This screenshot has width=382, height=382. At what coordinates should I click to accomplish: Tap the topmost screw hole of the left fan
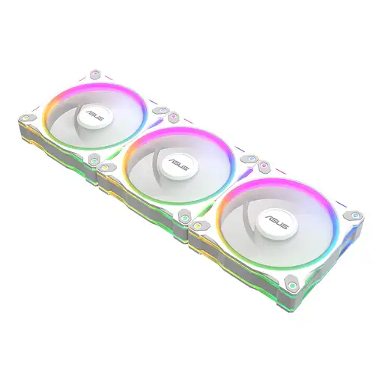(94, 75)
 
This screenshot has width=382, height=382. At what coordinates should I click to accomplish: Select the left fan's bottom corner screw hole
(94, 160)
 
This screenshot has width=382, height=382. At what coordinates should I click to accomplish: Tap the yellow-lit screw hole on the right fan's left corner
(196, 224)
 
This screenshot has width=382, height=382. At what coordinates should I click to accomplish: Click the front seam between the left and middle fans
(97, 180)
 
